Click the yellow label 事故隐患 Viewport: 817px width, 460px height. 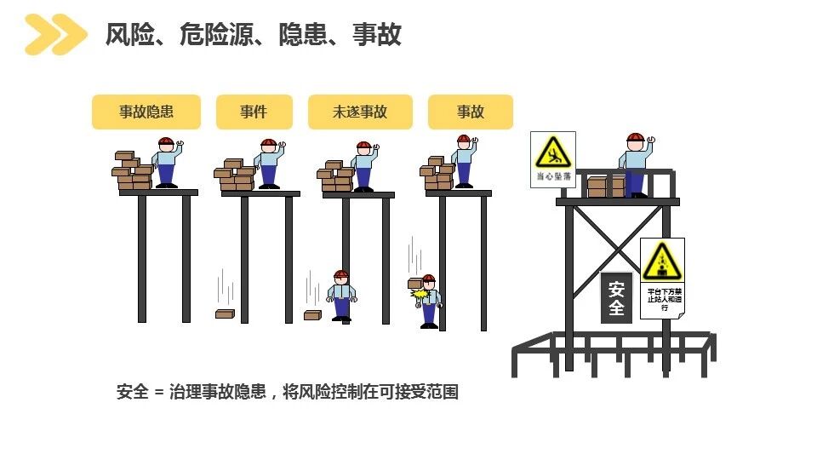[146, 112]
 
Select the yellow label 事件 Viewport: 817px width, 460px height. [254, 112]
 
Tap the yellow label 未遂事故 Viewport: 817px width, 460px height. [360, 112]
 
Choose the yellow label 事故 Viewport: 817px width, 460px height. [470, 112]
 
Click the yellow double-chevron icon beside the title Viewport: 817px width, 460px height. [55, 35]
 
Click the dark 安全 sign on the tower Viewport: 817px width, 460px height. [616, 297]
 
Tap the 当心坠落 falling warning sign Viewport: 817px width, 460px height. [552, 159]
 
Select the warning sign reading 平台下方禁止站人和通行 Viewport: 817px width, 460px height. [662, 278]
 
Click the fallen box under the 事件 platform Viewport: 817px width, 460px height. [225, 314]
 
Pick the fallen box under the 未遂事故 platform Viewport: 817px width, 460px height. [312, 315]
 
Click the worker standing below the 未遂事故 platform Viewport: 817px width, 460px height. [341, 296]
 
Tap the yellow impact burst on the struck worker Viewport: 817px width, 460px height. [419, 294]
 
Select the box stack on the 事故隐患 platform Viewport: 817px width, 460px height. [134, 171]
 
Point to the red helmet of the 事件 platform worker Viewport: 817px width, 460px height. [268, 142]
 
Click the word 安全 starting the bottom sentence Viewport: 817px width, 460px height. [133, 393]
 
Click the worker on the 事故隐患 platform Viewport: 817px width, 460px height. [166, 162]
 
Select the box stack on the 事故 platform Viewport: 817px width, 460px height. [437, 173]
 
